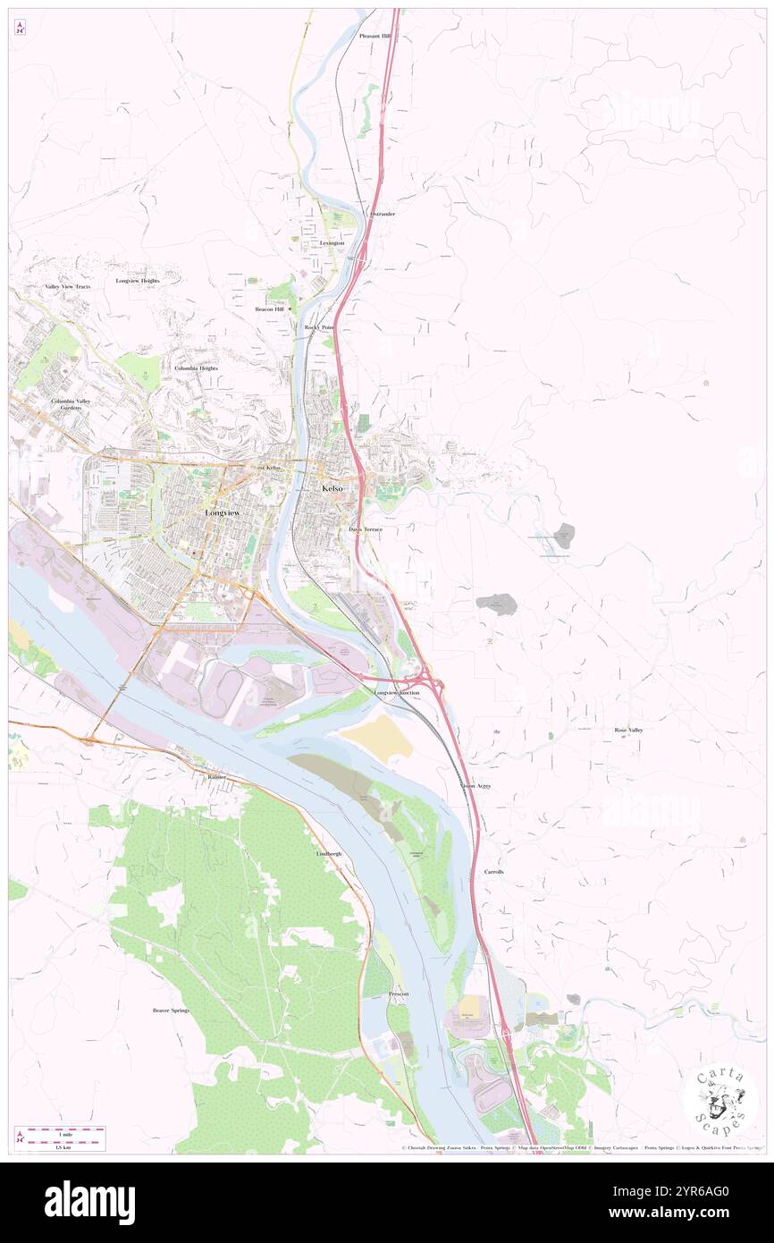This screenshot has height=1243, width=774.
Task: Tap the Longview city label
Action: [222, 513]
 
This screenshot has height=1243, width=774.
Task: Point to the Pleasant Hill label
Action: [375, 36]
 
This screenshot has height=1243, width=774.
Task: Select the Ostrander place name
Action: [383, 215]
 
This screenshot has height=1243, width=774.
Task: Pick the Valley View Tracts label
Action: [68, 286]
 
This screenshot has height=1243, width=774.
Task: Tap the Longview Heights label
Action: [138, 281]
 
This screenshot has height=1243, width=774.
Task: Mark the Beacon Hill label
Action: [269, 309]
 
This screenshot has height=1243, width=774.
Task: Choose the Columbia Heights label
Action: [196, 368]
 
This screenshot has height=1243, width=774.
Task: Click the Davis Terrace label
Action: [366, 530]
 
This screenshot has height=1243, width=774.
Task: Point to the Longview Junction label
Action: [397, 693]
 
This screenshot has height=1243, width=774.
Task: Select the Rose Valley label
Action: [628, 731]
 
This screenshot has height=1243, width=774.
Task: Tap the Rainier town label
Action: [217, 777]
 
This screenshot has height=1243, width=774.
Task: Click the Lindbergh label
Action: [329, 854]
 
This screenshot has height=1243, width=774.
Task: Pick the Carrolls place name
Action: [494, 871]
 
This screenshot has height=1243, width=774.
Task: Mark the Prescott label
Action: [399, 994]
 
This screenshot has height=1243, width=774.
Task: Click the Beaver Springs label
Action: [171, 1010]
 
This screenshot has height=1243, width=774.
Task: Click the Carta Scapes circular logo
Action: [720, 1103]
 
